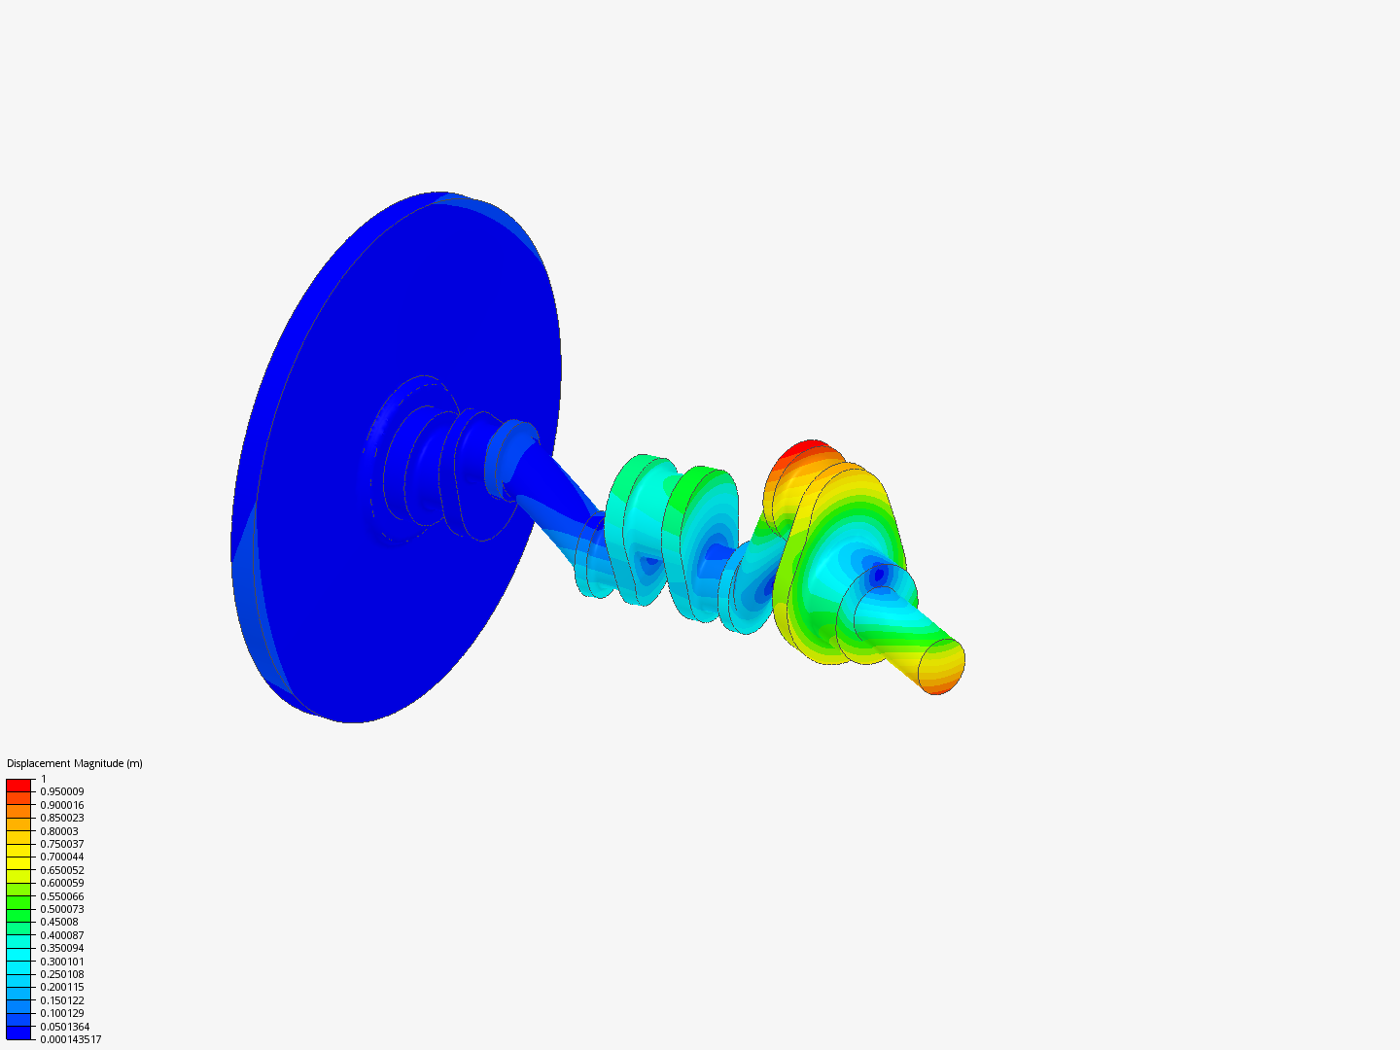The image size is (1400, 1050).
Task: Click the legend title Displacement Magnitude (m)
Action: (x=75, y=764)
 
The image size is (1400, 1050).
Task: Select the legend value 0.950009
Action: (x=62, y=791)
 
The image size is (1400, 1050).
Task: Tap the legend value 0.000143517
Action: (x=71, y=1040)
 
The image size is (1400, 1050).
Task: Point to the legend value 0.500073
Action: (x=62, y=909)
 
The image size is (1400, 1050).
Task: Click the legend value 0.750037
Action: (x=62, y=844)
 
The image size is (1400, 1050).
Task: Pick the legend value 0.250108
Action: (x=62, y=974)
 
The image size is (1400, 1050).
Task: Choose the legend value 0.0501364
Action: (x=65, y=1027)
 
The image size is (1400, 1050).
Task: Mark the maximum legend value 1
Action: (x=44, y=779)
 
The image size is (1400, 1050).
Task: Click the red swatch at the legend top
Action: (x=18, y=786)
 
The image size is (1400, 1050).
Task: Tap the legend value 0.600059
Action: (x=62, y=883)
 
